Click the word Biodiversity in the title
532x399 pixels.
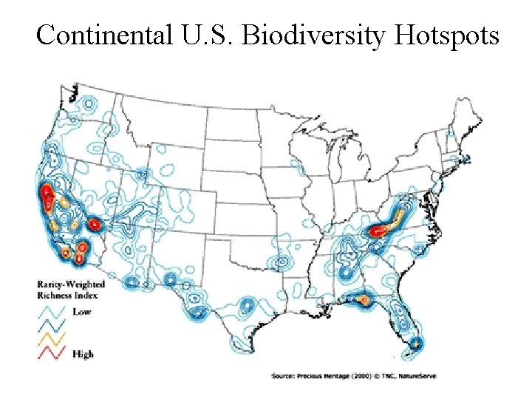[x=318, y=35]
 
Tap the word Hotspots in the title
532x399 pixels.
[x=448, y=35]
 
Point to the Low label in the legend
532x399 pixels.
[x=82, y=312]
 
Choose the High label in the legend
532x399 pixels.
[x=83, y=354]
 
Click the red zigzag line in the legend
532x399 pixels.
[x=52, y=352]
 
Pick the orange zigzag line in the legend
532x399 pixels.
[x=52, y=338]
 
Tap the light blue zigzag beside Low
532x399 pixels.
[x=52, y=311]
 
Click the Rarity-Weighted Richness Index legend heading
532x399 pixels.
[x=71, y=289]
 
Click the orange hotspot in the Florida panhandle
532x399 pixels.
[x=364, y=299]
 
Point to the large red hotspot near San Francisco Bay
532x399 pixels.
[x=47, y=197]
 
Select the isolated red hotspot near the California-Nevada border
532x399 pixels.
[x=95, y=224]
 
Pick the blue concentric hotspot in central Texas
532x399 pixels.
[x=245, y=305]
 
